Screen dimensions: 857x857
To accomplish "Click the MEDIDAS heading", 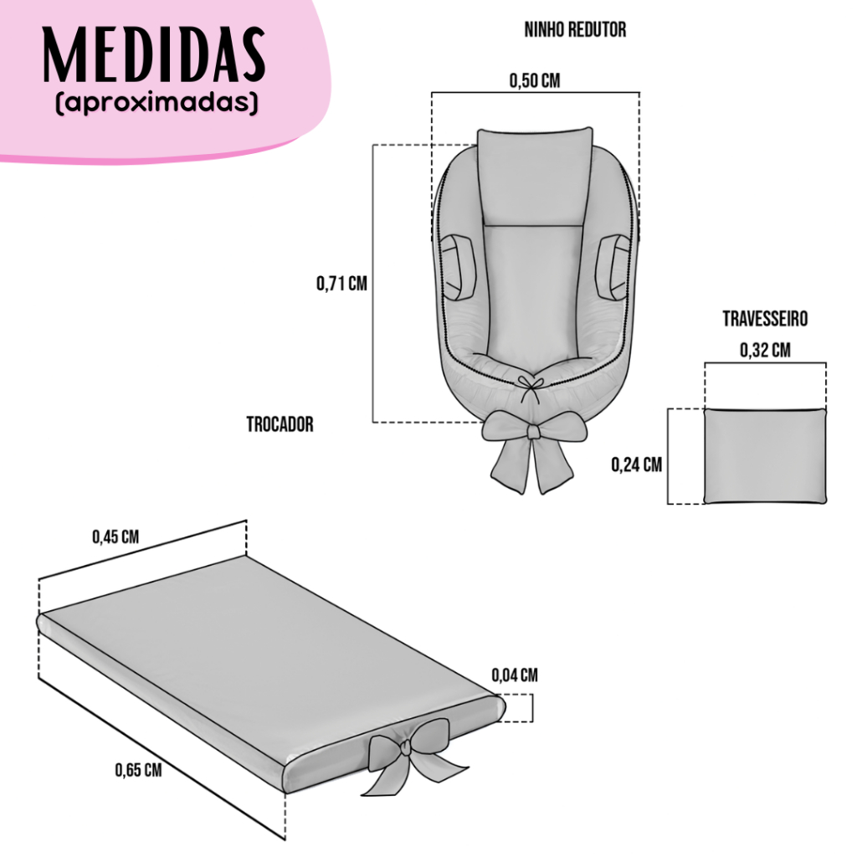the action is pos(154,54).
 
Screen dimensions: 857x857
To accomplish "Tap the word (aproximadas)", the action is pos(157,103).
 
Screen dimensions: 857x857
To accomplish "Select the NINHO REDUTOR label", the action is pos(575,29).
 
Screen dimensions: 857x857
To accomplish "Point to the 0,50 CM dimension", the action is pos(535,81).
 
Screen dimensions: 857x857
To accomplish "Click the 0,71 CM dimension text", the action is pos(341,284).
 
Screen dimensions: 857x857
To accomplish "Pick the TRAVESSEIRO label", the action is pos(765,319).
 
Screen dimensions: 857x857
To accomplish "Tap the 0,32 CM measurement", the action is pos(765,350).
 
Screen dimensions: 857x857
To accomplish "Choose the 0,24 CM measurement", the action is pos(636,464).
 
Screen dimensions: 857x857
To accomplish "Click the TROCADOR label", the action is pos(280,424).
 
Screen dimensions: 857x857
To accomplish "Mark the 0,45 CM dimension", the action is pos(115,536).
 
